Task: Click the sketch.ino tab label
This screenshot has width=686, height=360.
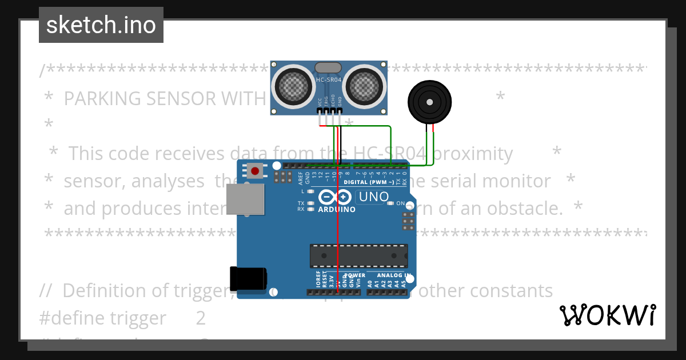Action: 101,25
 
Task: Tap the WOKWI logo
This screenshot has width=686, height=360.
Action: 607,315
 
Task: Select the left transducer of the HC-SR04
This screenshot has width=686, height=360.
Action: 294,85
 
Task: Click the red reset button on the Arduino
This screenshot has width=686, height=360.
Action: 255,170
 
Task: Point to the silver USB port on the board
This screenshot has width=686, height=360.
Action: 245,199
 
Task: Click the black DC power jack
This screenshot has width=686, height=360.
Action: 248,278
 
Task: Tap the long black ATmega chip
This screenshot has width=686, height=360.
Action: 359,255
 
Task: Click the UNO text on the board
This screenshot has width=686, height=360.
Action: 372,197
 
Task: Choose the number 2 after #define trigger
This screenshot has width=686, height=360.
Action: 201,318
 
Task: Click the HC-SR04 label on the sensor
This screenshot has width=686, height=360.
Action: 329,80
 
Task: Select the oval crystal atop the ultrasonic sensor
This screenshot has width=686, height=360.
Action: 328,68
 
